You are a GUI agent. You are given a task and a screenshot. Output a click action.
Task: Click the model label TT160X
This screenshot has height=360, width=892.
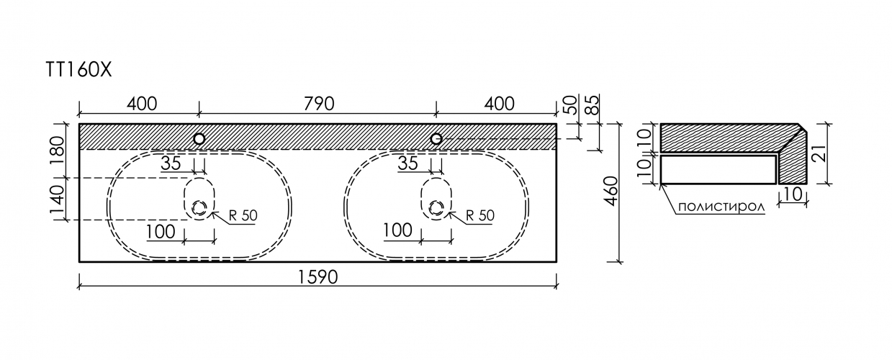pos(79,70)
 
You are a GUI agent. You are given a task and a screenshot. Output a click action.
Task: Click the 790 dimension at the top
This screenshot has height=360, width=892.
pos(318,104)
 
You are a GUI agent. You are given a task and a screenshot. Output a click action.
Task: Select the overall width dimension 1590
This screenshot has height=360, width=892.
pos(317,277)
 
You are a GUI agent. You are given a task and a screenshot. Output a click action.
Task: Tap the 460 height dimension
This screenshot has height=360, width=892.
pos(613,191)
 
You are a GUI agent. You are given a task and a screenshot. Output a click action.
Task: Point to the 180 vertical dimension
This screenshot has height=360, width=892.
pos(57,151)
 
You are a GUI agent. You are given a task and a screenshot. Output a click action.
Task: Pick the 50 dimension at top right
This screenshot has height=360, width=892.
pos(572,104)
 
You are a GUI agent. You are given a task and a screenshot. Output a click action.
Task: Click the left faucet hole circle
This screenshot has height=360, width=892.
pos(199,139)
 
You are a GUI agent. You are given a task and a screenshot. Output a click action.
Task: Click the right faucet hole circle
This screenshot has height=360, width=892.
pos(436,139)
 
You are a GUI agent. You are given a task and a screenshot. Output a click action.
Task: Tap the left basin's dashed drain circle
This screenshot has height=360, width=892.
pos(199,208)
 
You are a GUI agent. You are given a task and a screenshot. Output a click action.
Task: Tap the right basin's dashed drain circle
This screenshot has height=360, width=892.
pos(436,208)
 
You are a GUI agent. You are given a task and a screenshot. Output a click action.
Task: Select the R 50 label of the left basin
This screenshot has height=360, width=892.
pos(243,215)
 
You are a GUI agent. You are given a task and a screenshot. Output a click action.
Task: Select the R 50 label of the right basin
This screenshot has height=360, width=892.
pos(480,215)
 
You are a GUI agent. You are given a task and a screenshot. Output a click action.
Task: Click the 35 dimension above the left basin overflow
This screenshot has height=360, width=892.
pos(171,163)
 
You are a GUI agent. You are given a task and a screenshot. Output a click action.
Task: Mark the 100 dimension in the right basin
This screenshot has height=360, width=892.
pos(398,230)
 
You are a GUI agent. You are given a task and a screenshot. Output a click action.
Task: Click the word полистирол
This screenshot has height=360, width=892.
pos(721,207)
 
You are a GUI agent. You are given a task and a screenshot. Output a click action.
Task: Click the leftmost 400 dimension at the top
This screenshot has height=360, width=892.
pos(142,104)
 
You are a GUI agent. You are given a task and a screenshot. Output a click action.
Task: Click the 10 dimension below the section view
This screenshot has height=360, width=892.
pos(793,194)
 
